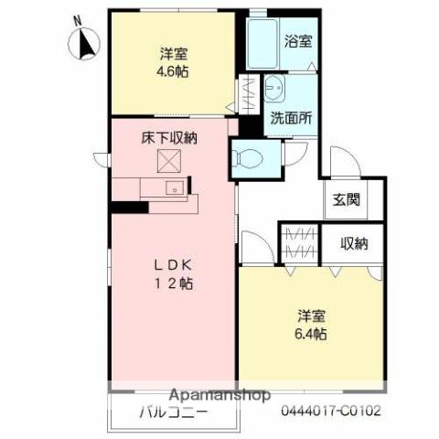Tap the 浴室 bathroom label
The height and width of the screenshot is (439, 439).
[x=297, y=41]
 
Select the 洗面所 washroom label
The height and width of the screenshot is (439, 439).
[x=291, y=118]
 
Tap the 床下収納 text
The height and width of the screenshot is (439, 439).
[x=168, y=138]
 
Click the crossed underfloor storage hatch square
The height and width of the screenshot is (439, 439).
[x=168, y=162]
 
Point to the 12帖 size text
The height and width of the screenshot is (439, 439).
[x=172, y=283]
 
